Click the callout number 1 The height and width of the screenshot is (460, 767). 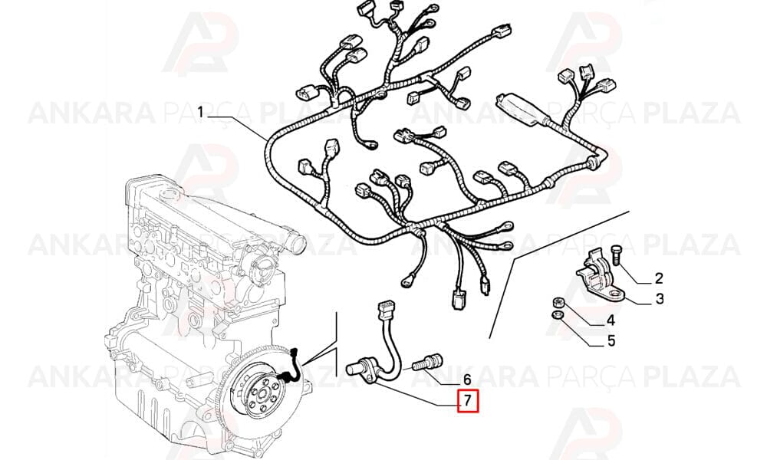[200, 113]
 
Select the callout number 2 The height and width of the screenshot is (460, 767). [659, 278]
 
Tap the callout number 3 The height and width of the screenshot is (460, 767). [660, 298]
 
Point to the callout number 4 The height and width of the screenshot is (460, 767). [611, 320]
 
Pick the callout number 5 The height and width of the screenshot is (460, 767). [611, 340]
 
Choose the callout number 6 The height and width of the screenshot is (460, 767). [466, 379]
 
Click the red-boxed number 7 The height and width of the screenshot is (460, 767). [467, 401]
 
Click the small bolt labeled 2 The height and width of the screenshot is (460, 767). [617, 255]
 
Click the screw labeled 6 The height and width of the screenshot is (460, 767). [427, 363]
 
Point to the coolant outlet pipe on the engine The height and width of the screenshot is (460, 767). [294, 242]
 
